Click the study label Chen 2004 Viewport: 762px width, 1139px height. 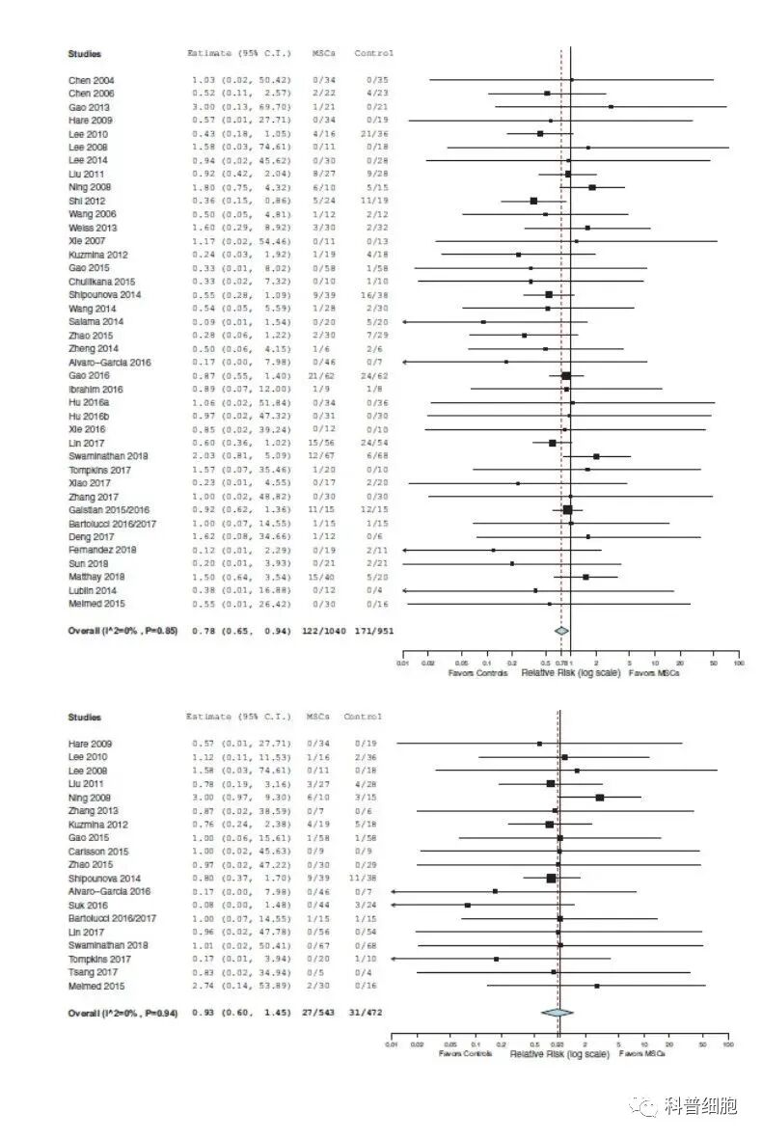point(92,79)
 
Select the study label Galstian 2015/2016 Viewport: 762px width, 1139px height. point(98,508)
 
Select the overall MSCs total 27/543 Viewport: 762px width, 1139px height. point(313,1014)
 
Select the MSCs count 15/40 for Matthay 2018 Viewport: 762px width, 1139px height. point(323,576)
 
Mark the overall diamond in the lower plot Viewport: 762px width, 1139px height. point(557,1013)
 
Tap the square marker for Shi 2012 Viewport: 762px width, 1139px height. point(533,201)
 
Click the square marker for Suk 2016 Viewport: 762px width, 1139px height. point(468,905)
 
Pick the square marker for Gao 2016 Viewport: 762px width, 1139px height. point(566,375)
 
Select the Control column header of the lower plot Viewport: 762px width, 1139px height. point(363,718)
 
